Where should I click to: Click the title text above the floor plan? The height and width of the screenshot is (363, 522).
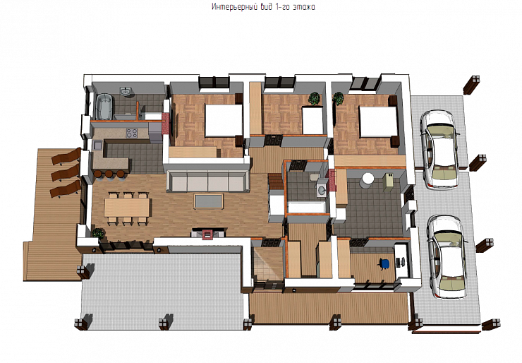point(263,7)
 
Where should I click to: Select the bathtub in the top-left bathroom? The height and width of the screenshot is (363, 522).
point(104,107)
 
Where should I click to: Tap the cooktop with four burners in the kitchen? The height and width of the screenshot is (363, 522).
point(131,133)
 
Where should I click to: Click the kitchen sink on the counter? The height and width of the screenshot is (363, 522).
point(99,145)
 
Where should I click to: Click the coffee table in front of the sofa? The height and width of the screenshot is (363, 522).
point(209,201)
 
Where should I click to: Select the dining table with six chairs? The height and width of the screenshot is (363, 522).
point(127,208)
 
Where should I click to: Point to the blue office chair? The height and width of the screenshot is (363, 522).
point(384,263)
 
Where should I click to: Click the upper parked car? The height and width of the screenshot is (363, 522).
point(439,150)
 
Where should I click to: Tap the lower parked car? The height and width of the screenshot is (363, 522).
point(447,256)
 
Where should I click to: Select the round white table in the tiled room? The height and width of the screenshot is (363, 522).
point(367,179)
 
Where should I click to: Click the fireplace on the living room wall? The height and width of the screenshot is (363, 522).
point(207,233)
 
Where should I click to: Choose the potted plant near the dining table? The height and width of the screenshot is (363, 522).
point(98,233)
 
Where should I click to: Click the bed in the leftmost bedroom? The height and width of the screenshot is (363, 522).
point(224,120)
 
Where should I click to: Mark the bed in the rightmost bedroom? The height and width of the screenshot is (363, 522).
point(377,121)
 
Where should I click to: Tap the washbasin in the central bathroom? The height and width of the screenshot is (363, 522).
point(322,189)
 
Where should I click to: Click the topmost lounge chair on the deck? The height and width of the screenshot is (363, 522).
point(66,156)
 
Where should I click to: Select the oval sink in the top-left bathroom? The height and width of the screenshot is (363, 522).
point(126,90)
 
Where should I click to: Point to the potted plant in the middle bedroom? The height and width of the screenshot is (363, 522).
point(314,99)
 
